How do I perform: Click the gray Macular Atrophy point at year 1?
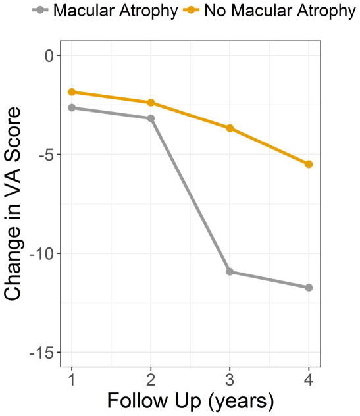pos(71,107)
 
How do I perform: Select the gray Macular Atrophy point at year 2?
pos(151,118)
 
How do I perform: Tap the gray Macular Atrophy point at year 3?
pos(230,271)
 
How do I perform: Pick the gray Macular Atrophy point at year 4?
pos(309,288)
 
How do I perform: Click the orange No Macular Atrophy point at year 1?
pos(71,92)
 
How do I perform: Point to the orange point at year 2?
pos(151,103)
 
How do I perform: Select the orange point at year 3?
pos(230,128)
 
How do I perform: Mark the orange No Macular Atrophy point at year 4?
pos(309,164)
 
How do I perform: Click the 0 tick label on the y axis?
pos(48,56)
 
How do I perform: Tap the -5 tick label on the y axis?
pos(43,155)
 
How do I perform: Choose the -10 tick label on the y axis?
pos(39,254)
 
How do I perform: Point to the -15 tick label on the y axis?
pos(39,353)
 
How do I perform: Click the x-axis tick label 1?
pos(71,380)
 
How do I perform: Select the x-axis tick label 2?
pos(151,380)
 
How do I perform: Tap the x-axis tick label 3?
pos(230,380)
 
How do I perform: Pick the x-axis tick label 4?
pos(309,380)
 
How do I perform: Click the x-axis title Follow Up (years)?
pos(190,401)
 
